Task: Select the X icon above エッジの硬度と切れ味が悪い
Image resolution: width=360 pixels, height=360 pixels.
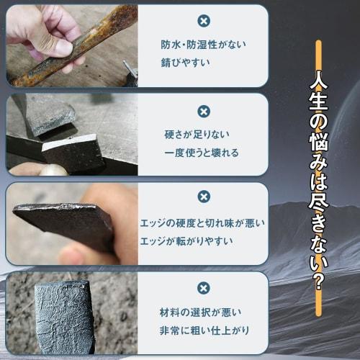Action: [204, 196]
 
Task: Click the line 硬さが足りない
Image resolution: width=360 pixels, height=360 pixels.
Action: [198, 135]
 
